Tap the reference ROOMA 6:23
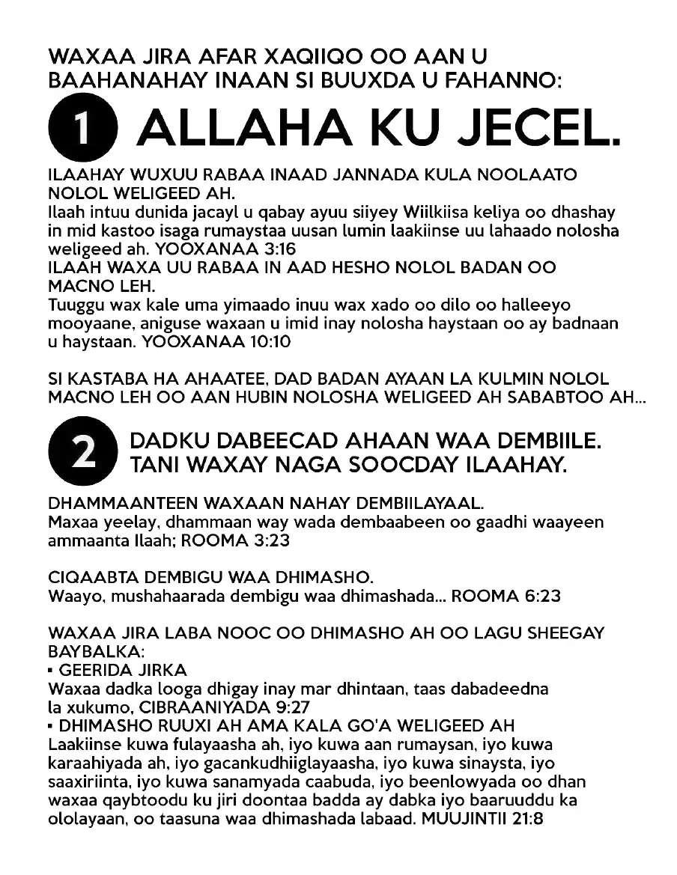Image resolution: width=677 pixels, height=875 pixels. pyautogui.click(x=506, y=596)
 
